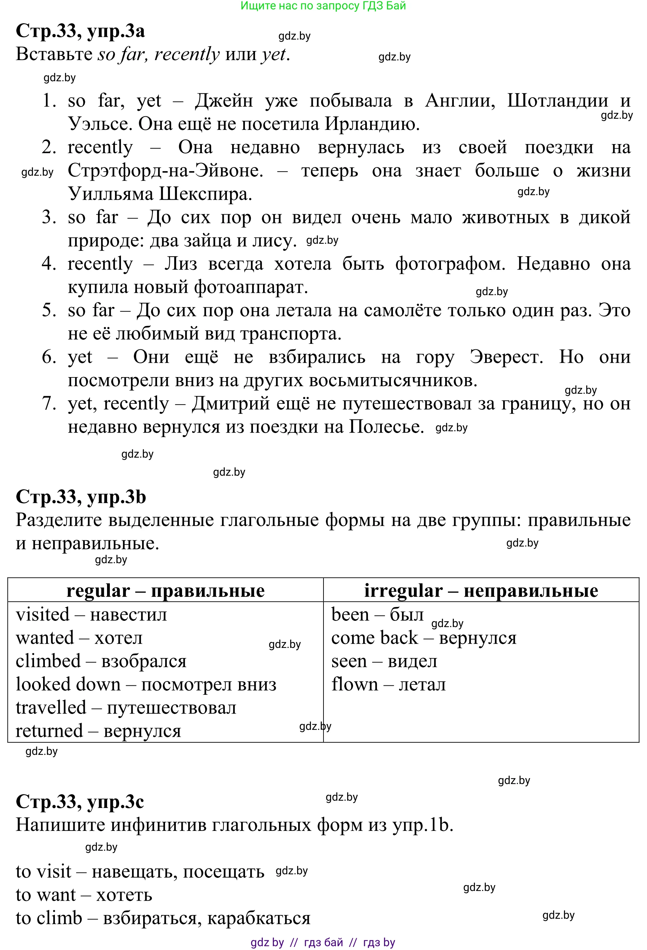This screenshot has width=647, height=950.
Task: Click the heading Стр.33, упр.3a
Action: (x=80, y=31)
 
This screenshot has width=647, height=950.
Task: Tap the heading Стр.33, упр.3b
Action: (x=81, y=497)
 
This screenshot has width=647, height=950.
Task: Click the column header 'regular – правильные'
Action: (x=165, y=591)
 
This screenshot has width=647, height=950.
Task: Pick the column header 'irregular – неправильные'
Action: (x=481, y=591)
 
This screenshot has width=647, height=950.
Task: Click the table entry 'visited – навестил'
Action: (x=91, y=614)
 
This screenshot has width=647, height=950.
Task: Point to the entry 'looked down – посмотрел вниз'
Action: (x=146, y=684)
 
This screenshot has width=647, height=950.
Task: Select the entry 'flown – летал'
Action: (x=388, y=684)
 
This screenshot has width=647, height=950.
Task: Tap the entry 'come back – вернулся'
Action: (x=424, y=638)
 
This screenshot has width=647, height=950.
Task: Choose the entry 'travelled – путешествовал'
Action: (x=126, y=708)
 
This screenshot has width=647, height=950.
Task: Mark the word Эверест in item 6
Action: (x=506, y=357)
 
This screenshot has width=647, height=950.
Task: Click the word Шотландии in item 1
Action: (x=557, y=101)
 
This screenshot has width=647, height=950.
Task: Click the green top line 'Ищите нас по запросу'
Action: (x=323, y=6)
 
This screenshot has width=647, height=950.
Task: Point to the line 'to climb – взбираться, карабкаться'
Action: (x=163, y=918)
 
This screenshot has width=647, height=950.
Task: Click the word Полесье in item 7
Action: (x=386, y=427)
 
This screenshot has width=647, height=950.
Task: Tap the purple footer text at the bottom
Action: (x=323, y=942)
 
